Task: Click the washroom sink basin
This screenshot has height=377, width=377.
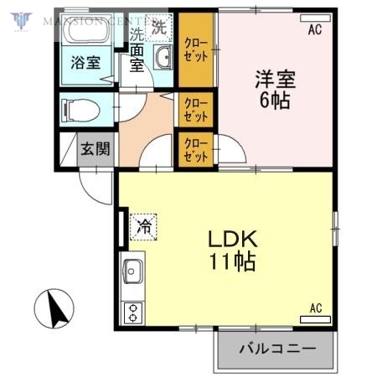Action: pyautogui.click(x=163, y=57)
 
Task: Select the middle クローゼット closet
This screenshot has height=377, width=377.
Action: pyautogui.click(x=196, y=109)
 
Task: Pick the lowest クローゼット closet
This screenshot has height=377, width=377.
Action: pyautogui.click(x=196, y=148)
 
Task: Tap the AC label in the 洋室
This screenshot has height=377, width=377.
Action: pyautogui.click(x=314, y=29)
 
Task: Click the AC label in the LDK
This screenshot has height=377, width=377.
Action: pyautogui.click(x=316, y=308)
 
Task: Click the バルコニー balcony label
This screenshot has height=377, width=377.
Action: pyautogui.click(x=276, y=347)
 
